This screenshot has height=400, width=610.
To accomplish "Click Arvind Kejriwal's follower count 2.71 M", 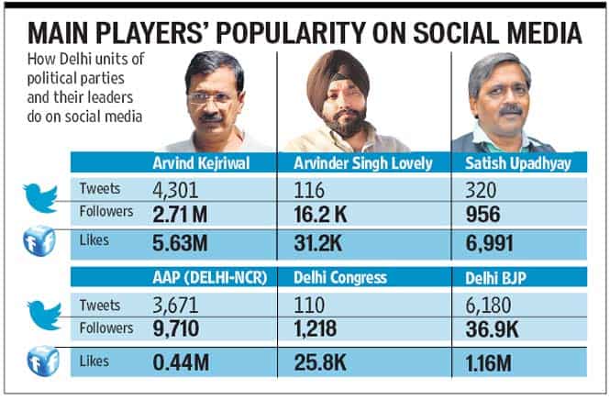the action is (180, 215).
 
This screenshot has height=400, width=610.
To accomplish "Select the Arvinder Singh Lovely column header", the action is (363, 163).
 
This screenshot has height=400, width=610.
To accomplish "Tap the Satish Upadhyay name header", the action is (517, 163).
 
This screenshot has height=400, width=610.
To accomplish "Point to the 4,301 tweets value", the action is (175, 190).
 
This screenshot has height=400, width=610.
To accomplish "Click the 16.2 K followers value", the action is (320, 215).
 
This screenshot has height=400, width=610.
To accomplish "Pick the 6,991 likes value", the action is (489, 244).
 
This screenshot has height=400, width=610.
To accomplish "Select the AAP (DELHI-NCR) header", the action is (210, 278).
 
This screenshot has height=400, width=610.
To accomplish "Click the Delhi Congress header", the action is (340, 278).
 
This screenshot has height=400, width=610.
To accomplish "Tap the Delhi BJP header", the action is (495, 278).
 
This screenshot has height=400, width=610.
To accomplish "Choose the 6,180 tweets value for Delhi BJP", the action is (488, 306).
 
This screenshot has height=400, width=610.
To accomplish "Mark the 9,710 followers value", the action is (176, 328).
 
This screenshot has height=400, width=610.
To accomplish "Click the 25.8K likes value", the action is (320, 362).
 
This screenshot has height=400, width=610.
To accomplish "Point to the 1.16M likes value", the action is (489, 363).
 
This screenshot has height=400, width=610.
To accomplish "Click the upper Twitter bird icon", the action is (40, 198).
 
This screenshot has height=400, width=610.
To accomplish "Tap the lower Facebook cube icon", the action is (43, 361).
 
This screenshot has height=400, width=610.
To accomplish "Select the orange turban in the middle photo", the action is (337, 74).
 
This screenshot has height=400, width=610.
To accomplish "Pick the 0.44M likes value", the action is (181, 362).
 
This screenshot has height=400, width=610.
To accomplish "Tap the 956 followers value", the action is (482, 215).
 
